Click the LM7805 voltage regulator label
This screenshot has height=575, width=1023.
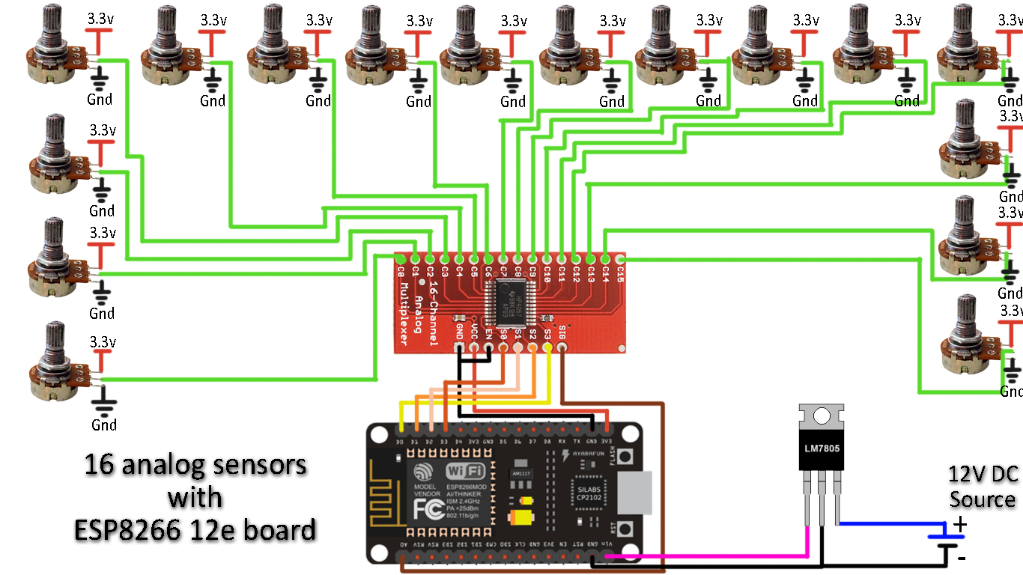click(x=822, y=448)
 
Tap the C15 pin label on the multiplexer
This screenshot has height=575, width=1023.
click(x=620, y=275)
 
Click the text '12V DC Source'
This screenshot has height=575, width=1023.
click(x=982, y=487)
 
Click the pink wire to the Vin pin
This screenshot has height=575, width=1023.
click(x=711, y=556)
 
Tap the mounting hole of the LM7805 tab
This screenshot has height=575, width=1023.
click(x=822, y=416)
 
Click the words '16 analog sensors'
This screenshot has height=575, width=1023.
click(x=195, y=466)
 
